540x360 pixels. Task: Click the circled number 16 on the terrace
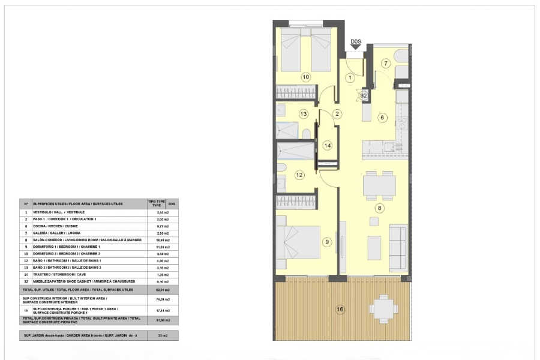pos(340,310)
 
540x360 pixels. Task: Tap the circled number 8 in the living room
pos(379,208)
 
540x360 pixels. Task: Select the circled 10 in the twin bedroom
pos(305,77)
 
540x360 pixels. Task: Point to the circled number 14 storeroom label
pos(327,145)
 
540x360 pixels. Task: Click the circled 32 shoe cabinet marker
pos(364,95)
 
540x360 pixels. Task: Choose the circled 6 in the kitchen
pos(382,118)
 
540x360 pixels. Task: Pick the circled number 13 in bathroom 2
pos(304,113)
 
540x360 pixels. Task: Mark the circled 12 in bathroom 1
pos(299,175)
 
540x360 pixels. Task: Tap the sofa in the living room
pos(398,247)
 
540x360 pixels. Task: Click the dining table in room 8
pos(379,185)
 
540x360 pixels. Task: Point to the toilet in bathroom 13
pos(307,133)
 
